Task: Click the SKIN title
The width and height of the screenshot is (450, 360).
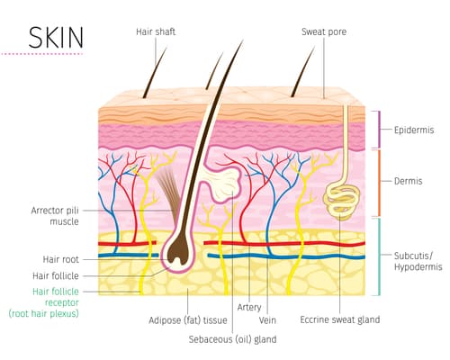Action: (56, 38)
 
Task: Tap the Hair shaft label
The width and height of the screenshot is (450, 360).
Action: (156, 31)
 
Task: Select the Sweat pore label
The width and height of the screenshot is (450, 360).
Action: (324, 31)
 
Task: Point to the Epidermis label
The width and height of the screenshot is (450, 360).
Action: (414, 130)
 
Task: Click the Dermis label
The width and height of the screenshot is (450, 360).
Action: (408, 181)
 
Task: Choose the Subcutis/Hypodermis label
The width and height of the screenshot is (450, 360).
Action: (418, 261)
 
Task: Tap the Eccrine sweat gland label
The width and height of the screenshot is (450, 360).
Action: (340, 319)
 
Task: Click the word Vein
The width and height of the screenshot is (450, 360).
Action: (267, 320)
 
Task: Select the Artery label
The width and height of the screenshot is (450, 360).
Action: (249, 307)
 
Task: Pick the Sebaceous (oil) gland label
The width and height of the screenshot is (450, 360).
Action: (232, 339)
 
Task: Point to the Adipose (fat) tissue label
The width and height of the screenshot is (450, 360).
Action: (188, 320)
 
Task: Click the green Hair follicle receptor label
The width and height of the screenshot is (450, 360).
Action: (44, 302)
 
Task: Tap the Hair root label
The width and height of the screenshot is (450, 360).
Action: (61, 259)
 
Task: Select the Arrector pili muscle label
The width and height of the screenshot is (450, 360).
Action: (55, 216)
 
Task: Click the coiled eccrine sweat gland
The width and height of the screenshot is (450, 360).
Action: (341, 200)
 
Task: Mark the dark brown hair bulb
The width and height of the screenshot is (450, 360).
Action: (178, 251)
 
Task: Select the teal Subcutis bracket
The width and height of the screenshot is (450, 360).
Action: (378, 256)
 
